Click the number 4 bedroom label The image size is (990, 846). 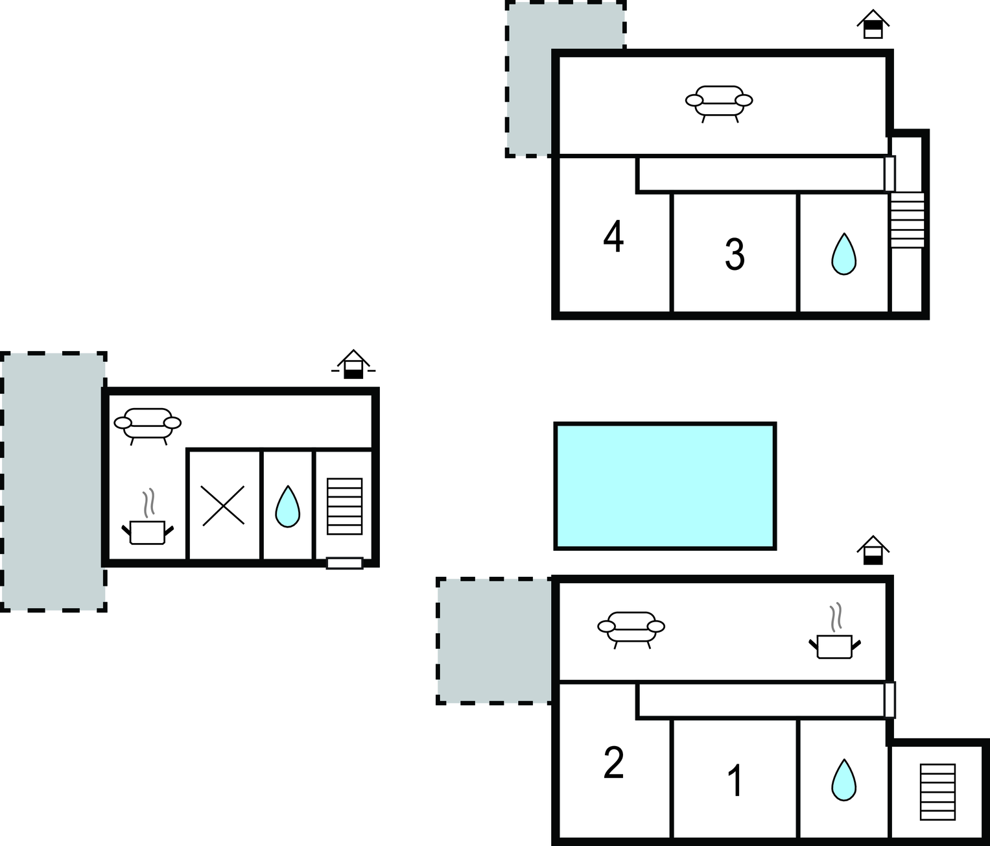point(613,236)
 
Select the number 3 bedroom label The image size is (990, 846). point(735,254)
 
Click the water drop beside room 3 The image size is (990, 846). point(843,254)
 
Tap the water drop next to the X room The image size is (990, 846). point(287,507)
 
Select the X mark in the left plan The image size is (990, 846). point(223,505)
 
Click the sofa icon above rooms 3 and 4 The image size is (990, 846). point(719,104)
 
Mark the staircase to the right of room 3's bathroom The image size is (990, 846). point(907,220)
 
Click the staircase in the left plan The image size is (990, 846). point(344,506)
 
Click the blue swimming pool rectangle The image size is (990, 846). point(665,486)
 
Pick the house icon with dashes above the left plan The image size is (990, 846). point(353,364)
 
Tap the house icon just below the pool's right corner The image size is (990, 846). point(873,550)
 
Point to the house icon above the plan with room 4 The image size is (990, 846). point(873,24)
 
